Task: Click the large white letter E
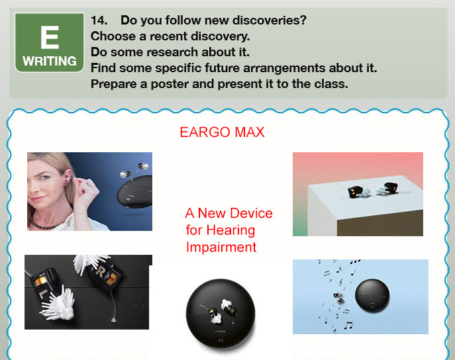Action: point(50,38)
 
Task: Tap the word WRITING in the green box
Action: point(50,61)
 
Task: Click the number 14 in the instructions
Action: point(99,21)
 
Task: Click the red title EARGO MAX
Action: point(222,132)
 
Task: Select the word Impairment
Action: point(221,247)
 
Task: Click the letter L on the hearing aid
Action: point(42,294)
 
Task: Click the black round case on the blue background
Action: point(372,295)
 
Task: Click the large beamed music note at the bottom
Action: point(348,326)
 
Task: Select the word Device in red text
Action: point(251,213)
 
